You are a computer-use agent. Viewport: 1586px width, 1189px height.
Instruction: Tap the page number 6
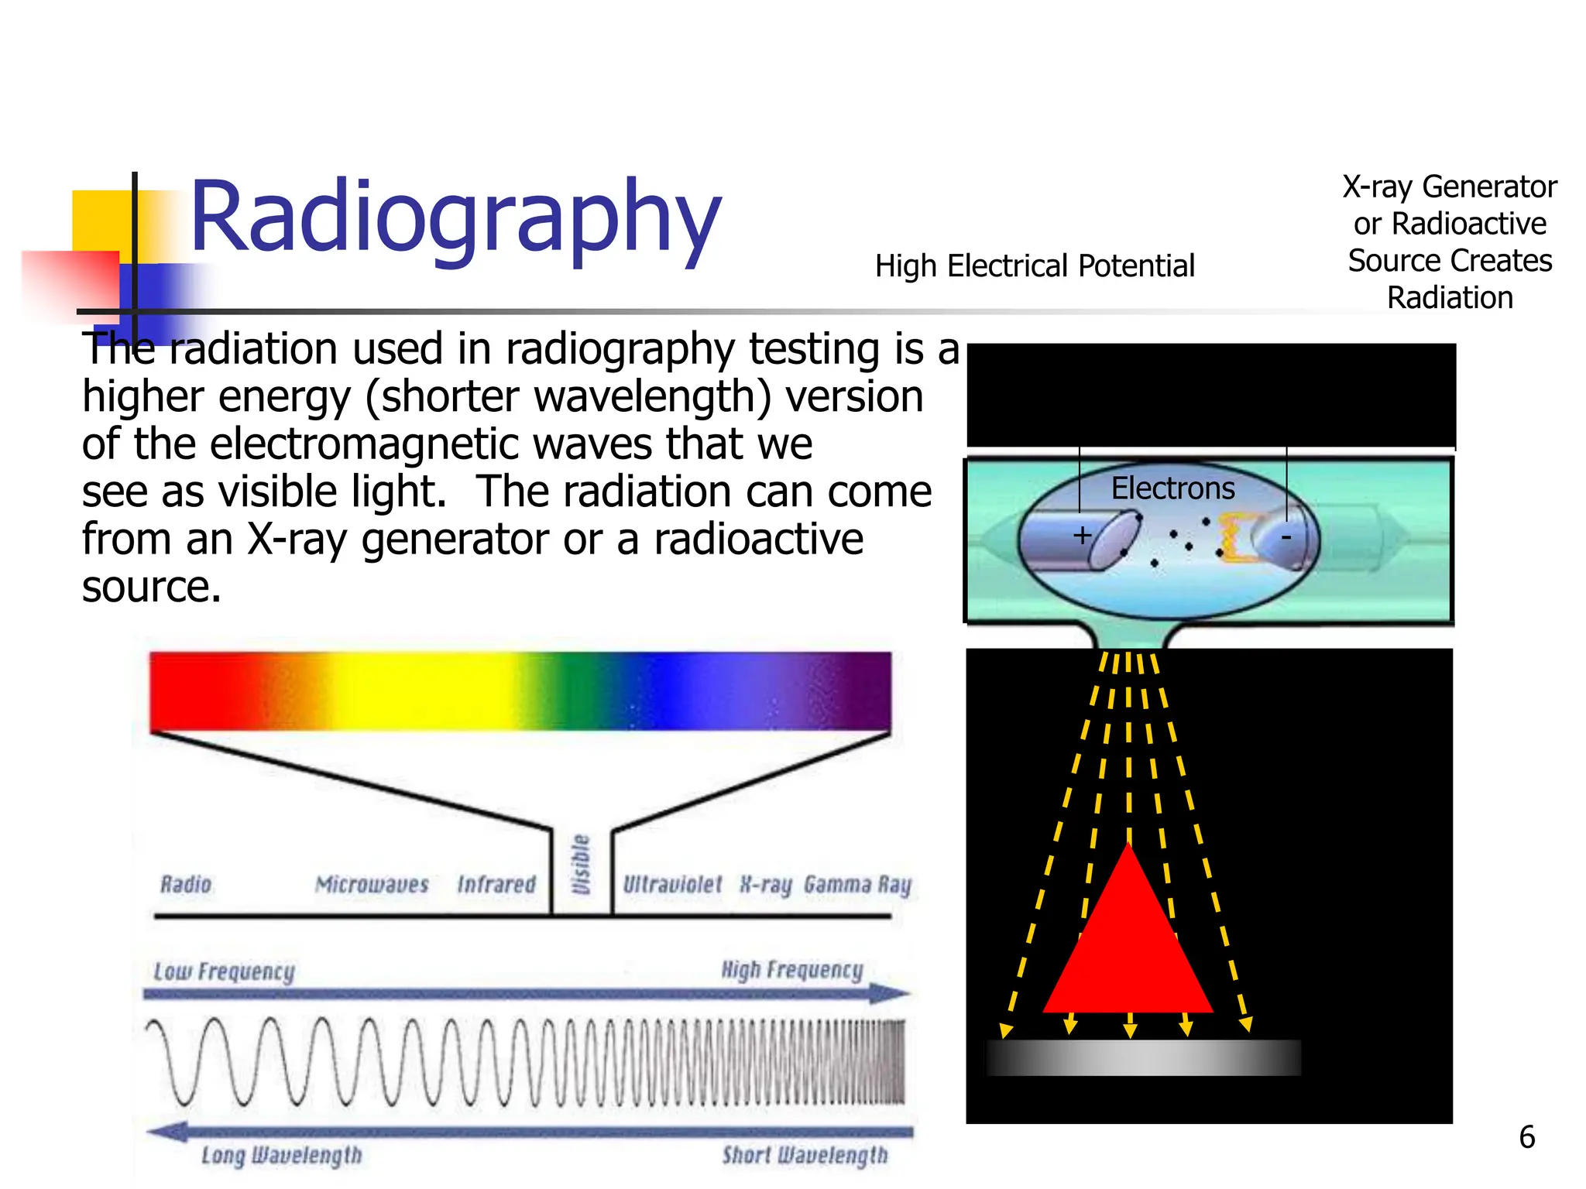[x=1526, y=1137]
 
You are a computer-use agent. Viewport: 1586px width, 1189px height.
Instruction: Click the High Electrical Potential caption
[x=1035, y=266]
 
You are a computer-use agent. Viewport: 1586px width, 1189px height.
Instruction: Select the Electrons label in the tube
[x=1172, y=488]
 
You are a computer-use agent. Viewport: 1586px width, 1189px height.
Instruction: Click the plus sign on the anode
[x=1082, y=535]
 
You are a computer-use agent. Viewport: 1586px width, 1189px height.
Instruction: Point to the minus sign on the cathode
[x=1286, y=536]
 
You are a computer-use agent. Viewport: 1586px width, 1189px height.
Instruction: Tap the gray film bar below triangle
[x=1143, y=1057]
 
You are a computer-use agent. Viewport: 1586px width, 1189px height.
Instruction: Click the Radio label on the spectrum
[x=186, y=884]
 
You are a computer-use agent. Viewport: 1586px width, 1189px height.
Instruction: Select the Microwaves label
[x=372, y=884]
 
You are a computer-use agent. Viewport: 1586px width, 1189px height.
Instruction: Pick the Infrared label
[x=496, y=884]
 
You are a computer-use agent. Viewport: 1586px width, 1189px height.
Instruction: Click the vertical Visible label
[x=581, y=865]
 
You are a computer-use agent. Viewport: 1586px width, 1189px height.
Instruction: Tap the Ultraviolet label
[x=672, y=884]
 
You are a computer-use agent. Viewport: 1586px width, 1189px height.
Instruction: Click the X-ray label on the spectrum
[x=765, y=884]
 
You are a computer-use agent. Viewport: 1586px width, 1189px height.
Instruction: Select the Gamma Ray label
[x=857, y=884]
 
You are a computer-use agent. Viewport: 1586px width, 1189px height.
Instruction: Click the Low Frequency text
[x=225, y=971]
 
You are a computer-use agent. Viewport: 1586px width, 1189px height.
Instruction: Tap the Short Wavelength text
[x=805, y=1155]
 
